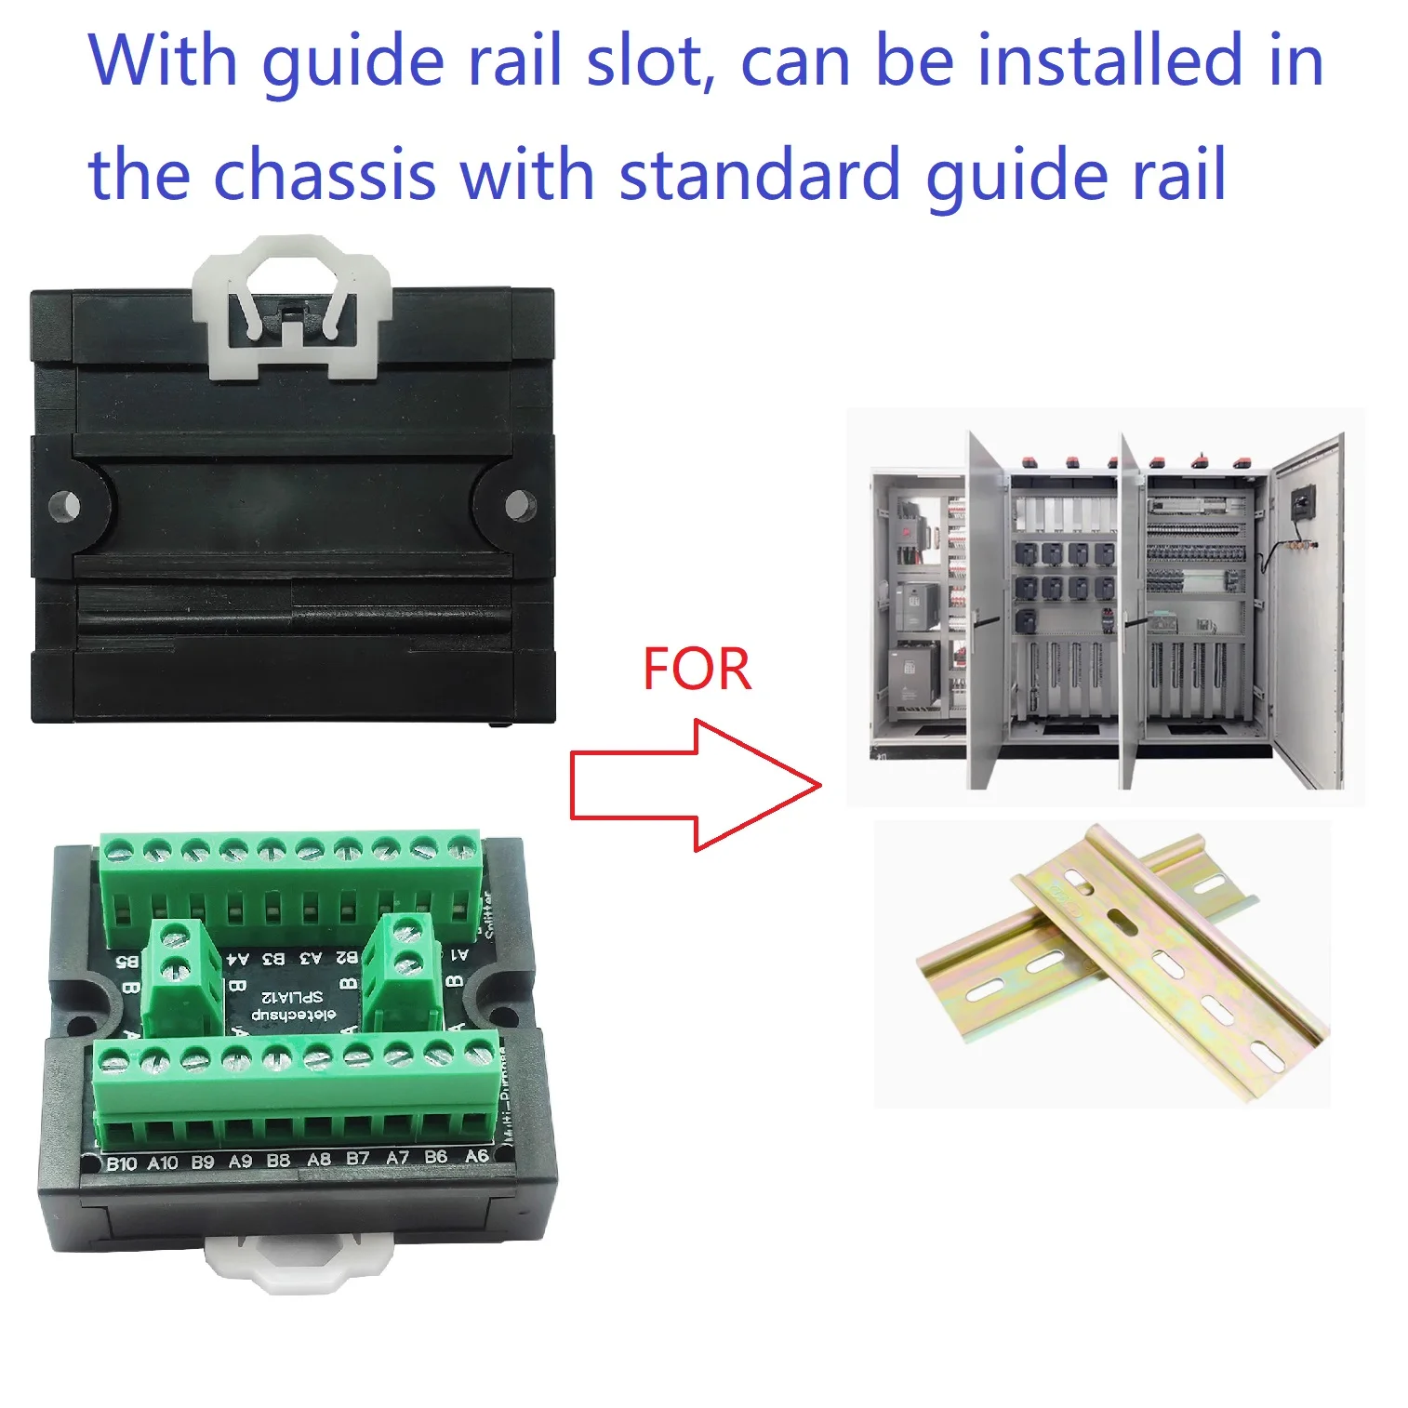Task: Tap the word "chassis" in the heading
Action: point(325,174)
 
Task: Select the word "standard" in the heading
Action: point(759,174)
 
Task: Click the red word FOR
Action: point(697,670)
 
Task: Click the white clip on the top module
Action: point(291,307)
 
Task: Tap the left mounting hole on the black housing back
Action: point(65,506)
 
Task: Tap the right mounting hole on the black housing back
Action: point(520,505)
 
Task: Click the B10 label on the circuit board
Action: point(121,1163)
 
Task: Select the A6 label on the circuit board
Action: point(476,1156)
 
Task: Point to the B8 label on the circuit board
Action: point(278,1161)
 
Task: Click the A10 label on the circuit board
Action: point(162,1162)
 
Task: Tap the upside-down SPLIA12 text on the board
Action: point(292,996)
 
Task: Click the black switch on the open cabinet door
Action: point(1302,502)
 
